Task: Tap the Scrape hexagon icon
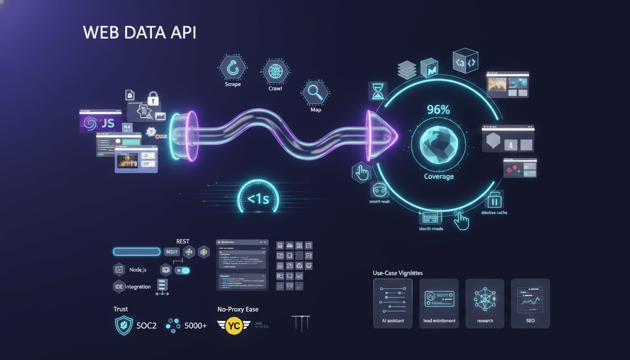tap(232, 69)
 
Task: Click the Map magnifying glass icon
tap(315, 92)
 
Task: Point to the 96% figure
tap(439, 110)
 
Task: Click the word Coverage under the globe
tap(439, 177)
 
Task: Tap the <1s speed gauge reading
tap(258, 199)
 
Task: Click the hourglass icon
tap(377, 91)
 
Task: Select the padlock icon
tap(153, 98)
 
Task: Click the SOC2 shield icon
tap(124, 326)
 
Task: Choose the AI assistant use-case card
tap(393, 303)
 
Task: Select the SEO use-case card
tap(530, 303)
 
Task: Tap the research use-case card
tap(485, 303)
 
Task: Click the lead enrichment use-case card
tap(439, 303)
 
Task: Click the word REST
tap(183, 241)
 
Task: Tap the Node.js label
tap(138, 270)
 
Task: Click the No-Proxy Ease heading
tap(238, 309)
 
